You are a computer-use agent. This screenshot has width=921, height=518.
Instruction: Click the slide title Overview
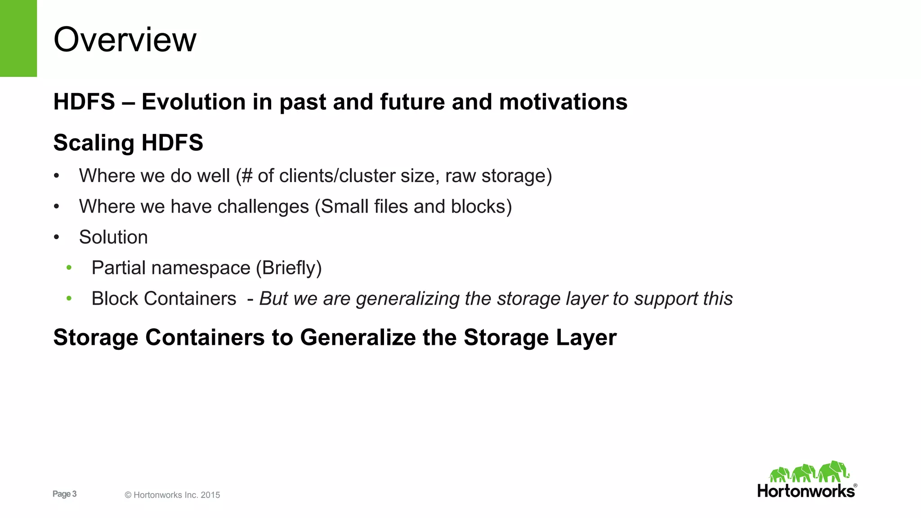coord(125,40)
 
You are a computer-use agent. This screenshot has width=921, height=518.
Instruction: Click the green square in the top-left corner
coord(18,38)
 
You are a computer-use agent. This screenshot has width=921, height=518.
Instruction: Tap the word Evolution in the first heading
coord(193,102)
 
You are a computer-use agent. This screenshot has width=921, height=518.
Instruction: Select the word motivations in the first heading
coord(563,102)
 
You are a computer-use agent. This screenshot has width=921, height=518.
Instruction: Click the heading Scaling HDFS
coord(128,143)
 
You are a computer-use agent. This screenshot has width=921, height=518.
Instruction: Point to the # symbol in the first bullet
coord(247,176)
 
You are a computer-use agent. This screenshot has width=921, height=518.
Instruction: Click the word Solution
coord(113,237)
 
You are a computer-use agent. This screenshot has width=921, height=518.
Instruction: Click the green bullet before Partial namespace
coord(69,268)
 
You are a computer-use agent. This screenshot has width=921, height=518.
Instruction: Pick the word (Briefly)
coord(289,268)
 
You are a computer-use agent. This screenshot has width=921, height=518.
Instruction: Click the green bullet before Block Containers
coord(69,299)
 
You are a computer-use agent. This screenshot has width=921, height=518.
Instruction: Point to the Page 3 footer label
coord(64,494)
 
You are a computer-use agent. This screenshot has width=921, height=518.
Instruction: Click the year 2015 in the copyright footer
coord(210,495)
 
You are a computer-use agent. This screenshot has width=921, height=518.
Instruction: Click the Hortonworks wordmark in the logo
coord(805,491)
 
